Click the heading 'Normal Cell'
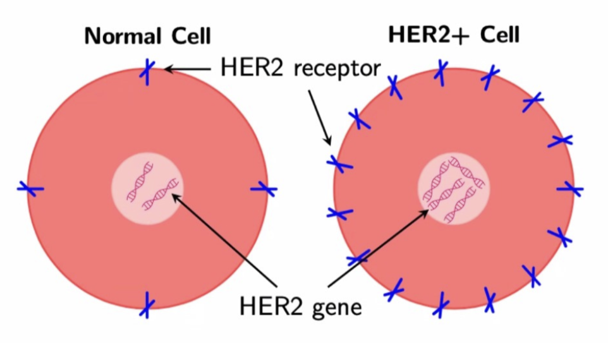[x=147, y=36]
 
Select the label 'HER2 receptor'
[x=300, y=67]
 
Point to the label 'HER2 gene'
[x=300, y=307]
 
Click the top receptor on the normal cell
[x=147, y=71]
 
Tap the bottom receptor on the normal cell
[x=147, y=304]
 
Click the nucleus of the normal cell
[x=147, y=188]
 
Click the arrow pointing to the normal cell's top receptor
[x=190, y=68]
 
